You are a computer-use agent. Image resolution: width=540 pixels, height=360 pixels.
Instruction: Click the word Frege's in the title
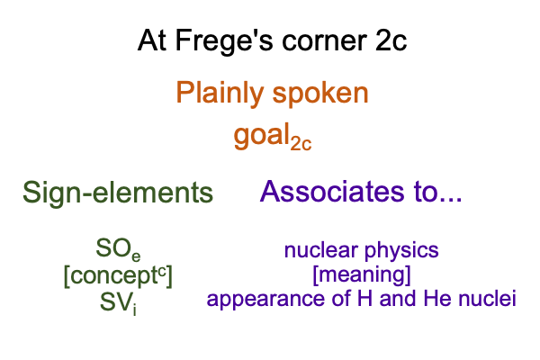click(x=224, y=41)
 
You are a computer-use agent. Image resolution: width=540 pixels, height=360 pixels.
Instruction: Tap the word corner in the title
click(x=324, y=41)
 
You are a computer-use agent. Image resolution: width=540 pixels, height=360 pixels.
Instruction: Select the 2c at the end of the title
click(x=391, y=41)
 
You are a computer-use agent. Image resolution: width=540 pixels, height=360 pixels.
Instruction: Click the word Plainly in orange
click(x=220, y=93)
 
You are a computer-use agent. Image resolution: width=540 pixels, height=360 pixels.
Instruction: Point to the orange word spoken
click(x=320, y=94)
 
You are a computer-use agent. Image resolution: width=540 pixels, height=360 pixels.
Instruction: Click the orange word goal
click(x=262, y=135)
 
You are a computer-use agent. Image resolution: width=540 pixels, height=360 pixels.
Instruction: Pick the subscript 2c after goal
click(x=301, y=144)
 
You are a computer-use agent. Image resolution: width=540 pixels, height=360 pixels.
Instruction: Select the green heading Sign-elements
click(x=118, y=193)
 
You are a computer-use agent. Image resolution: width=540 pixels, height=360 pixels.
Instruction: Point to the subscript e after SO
click(x=136, y=256)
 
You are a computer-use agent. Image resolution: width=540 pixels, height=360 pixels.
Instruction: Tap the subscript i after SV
click(x=135, y=310)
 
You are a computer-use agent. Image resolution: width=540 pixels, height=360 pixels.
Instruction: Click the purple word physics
click(x=401, y=251)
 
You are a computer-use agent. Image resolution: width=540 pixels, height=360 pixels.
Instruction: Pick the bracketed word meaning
click(x=362, y=275)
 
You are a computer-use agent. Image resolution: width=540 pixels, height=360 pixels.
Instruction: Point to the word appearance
click(x=266, y=300)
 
